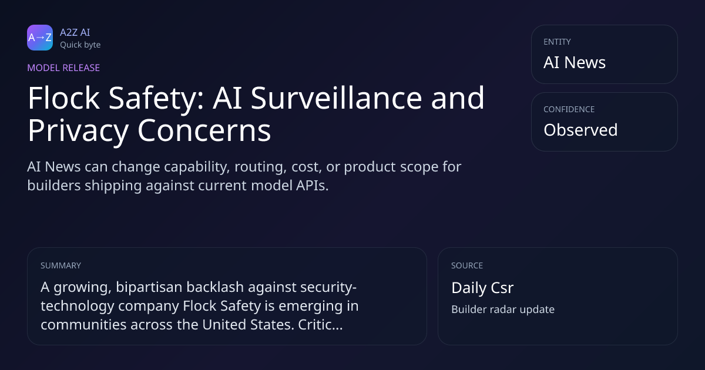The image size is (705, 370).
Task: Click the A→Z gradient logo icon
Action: (40, 38)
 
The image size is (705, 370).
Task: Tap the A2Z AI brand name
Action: (75, 32)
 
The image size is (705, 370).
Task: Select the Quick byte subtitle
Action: (80, 45)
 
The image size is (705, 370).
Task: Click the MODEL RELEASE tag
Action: (63, 68)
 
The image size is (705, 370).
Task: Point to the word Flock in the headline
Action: (64, 98)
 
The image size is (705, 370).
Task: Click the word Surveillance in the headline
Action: (336, 98)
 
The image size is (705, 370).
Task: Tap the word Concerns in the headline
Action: (204, 130)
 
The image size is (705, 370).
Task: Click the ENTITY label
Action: (557, 42)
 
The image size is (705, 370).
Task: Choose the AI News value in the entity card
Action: (575, 62)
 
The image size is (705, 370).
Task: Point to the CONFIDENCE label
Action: (569, 109)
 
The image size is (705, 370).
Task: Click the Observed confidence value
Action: (580, 130)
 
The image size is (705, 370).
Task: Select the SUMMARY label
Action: (61, 265)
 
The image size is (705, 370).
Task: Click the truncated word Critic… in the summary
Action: (320, 325)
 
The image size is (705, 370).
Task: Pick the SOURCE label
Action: (467, 265)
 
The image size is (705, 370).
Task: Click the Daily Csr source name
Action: (482, 288)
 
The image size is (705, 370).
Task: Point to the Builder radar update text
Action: (503, 310)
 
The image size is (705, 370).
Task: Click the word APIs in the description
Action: (312, 186)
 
